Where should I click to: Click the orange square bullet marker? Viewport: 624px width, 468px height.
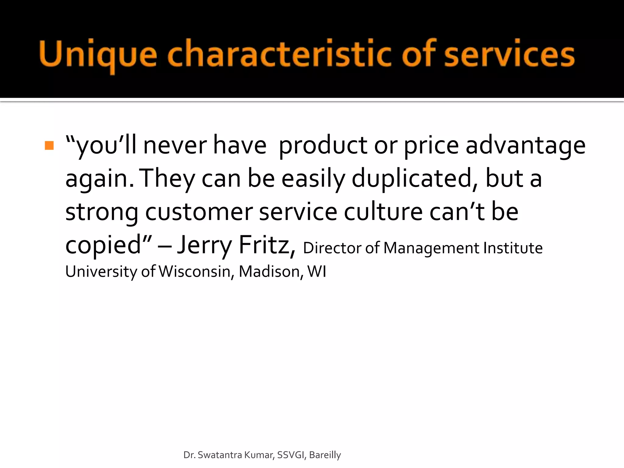(49, 145)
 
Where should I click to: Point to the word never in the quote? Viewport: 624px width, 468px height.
(175, 145)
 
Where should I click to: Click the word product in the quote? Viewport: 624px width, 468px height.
(323, 145)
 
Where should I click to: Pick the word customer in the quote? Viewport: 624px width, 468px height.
(199, 212)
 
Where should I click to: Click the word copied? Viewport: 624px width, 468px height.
(104, 245)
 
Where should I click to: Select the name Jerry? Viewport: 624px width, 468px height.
(205, 245)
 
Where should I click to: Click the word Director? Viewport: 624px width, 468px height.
(332, 248)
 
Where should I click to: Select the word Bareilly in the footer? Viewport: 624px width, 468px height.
(325, 455)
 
